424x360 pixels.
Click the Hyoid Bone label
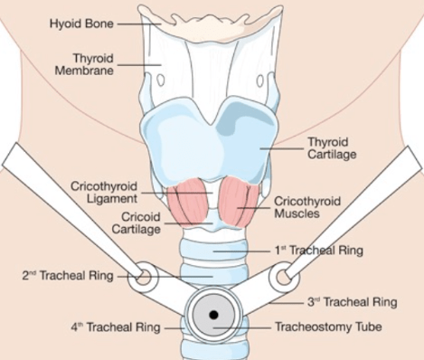coord(81,24)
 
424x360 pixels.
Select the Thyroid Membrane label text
coord(84,64)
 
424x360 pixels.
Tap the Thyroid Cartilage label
coord(332,148)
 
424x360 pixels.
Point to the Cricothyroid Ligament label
coord(104,192)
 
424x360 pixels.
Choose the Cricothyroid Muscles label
coord(307,207)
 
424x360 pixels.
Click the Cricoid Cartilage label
coord(137,223)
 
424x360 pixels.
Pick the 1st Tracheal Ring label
coord(319,251)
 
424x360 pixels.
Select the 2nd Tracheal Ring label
coord(68,276)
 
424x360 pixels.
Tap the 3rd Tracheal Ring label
coord(353,302)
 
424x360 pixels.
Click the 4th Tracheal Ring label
coord(116,327)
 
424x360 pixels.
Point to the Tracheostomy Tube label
coord(328,327)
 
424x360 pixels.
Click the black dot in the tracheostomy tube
coord(213,315)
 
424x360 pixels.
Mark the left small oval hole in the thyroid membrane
coord(161,81)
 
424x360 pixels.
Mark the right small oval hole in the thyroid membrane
coord(260,81)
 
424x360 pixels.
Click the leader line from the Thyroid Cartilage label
coord(282,148)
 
